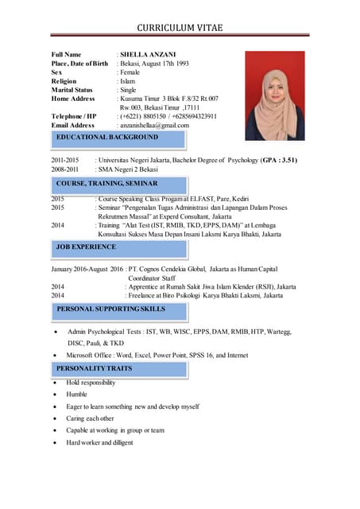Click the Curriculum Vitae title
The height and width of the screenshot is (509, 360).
pos(180,28)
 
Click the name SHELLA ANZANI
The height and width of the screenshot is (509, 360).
pos(148,54)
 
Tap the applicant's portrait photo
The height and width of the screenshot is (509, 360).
pos(274,95)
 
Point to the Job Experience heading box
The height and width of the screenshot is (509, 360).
pos(85,247)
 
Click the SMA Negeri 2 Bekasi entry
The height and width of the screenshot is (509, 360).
pos(128,169)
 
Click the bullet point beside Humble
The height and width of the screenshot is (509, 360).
pos(53,394)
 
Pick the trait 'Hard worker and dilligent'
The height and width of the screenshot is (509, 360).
pos(100,442)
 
